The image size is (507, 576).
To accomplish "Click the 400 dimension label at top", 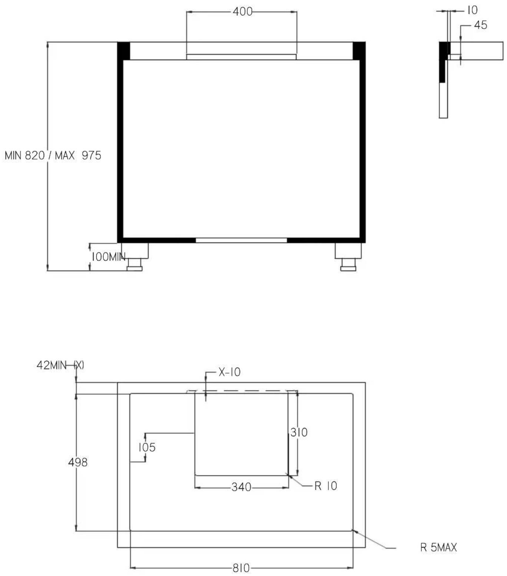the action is (x=242, y=12).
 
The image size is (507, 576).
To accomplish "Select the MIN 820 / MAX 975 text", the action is (x=53, y=155).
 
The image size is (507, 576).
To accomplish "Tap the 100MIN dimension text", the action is (x=109, y=257).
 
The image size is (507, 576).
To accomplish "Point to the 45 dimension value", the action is (x=480, y=25).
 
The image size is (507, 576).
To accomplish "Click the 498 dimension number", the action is (x=78, y=462).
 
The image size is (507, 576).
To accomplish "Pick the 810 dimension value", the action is (x=241, y=568).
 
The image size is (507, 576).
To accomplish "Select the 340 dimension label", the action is (x=241, y=487).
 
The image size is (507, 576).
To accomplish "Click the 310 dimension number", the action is (x=299, y=432).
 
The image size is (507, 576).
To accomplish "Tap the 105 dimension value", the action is (x=147, y=447).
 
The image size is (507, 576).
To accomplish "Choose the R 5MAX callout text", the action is (x=438, y=547).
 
